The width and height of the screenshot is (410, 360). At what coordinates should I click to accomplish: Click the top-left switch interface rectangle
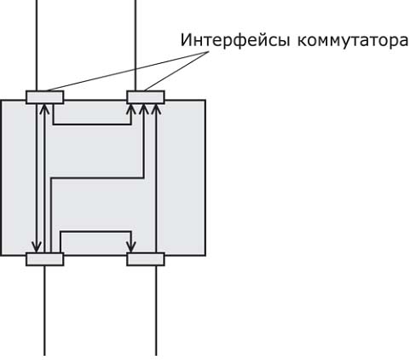pos(45,97)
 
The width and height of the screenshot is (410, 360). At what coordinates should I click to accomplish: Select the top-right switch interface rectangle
pos(146,97)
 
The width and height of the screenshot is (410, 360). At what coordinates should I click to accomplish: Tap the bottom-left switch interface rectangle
pos(45,259)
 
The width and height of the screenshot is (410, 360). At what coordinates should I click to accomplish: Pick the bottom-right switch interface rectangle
pos(146,259)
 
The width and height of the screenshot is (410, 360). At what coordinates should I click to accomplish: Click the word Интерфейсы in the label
pos(235,40)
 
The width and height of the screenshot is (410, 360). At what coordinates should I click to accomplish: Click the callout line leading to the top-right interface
pos(176,71)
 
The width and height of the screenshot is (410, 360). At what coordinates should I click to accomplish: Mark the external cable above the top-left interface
pos(37,45)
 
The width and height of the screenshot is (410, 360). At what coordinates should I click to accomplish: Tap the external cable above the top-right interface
pos(136,45)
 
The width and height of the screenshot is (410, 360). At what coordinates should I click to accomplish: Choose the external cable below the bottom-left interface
pos(44,311)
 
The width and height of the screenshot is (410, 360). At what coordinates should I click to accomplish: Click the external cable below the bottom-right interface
pos(156,311)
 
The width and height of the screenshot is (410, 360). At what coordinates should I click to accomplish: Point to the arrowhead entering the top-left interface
pos(43,108)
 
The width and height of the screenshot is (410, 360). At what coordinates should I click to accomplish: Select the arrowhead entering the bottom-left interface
pos(37,247)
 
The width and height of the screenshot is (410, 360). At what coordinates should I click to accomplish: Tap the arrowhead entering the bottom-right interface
pos(131,247)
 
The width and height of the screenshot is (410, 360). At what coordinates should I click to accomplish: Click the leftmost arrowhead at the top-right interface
pos(131,108)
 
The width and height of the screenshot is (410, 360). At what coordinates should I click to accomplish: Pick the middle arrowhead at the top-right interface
pos(144,108)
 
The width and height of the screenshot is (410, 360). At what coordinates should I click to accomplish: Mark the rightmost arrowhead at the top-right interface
pos(156,108)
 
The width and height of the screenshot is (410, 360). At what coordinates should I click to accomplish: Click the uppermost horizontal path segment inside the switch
pos(92,124)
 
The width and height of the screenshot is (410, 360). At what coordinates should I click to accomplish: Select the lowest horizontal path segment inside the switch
pos(95,232)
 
